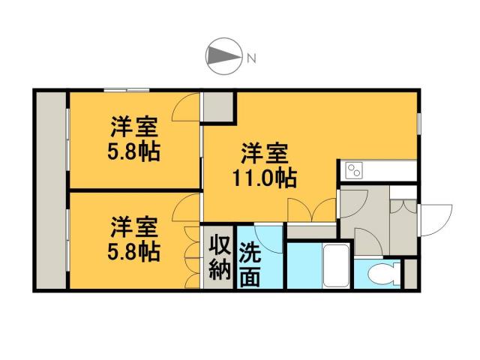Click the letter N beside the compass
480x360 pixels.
[x=252, y=57]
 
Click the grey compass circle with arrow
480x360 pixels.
[x=223, y=56]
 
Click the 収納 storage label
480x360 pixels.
[x=218, y=257]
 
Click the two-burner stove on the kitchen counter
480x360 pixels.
[x=352, y=172]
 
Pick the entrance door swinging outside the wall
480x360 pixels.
[x=436, y=219]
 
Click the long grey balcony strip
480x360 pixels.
[x=52, y=190]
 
